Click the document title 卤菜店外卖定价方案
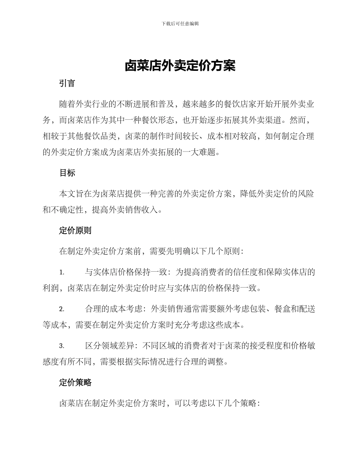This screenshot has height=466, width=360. click(180, 66)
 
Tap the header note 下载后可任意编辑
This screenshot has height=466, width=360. click(180, 23)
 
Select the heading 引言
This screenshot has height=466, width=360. click(67, 84)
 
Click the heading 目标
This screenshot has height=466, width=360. click(67, 173)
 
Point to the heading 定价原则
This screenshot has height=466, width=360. click(75, 231)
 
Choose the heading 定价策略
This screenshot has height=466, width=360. click(75, 383)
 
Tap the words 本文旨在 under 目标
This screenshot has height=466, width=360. click(75, 194)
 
